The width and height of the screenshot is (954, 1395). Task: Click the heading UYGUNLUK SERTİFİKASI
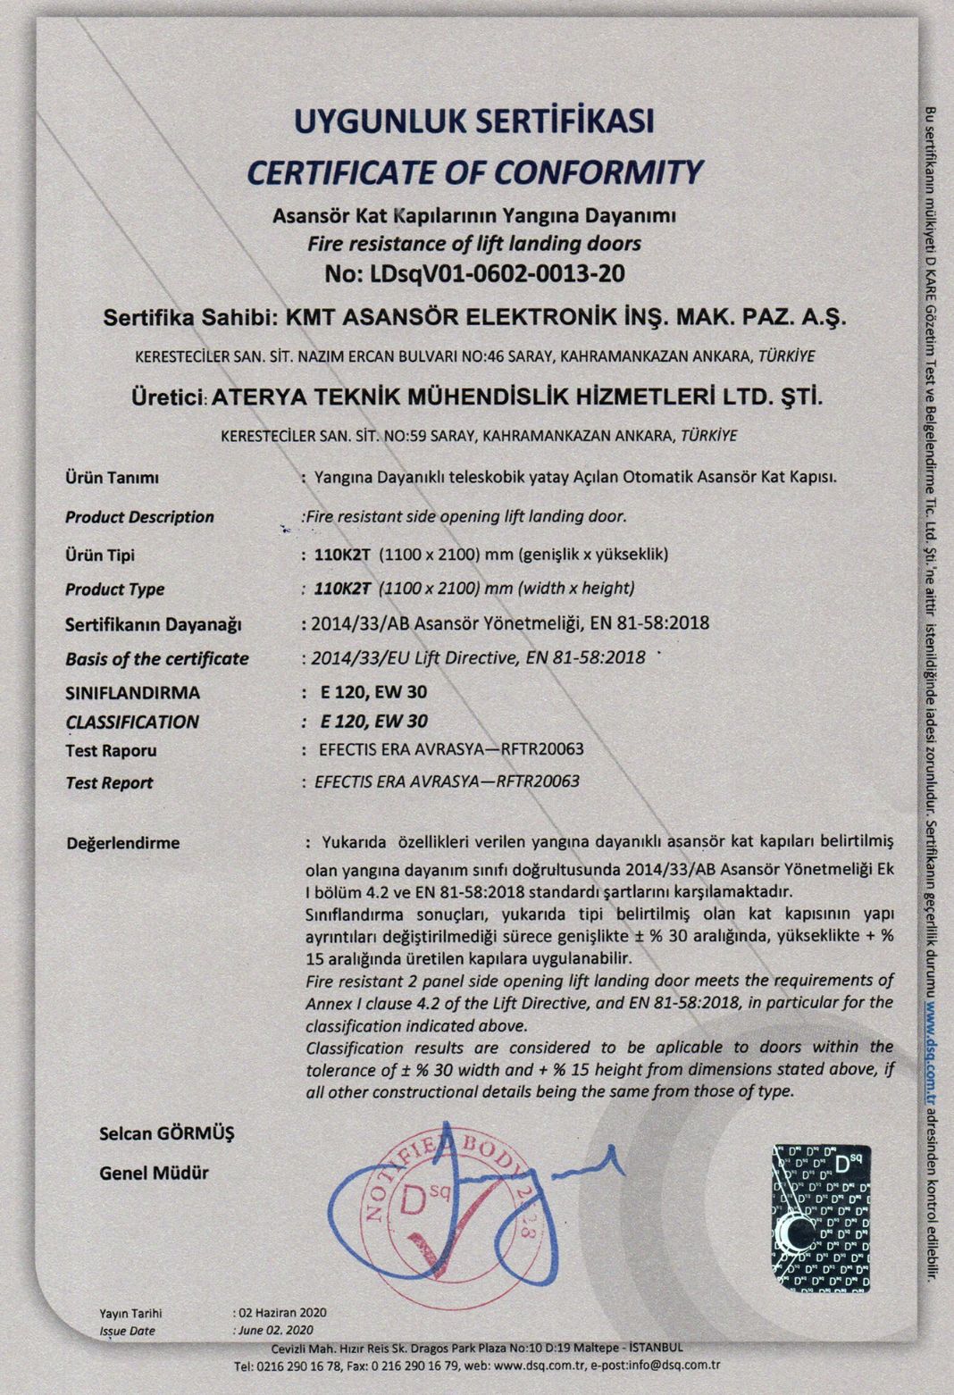point(474,121)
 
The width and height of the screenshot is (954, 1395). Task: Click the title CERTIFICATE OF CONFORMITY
point(474,171)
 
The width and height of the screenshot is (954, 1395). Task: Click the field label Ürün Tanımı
point(112,478)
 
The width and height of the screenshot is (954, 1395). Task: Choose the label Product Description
point(139,517)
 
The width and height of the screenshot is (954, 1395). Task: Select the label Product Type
point(114,589)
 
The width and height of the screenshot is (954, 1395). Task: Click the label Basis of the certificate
point(156,659)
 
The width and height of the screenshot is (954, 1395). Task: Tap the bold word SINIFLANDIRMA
point(132,693)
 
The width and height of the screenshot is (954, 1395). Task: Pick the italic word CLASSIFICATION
point(132,722)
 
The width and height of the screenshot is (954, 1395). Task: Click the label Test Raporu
point(111,751)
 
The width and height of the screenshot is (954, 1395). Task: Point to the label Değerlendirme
point(122,843)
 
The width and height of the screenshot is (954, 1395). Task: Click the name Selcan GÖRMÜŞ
point(166,1134)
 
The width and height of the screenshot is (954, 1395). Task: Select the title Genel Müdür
point(154,1174)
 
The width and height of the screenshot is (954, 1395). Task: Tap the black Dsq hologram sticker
point(821,1216)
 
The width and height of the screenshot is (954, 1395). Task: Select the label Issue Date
point(127,1331)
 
